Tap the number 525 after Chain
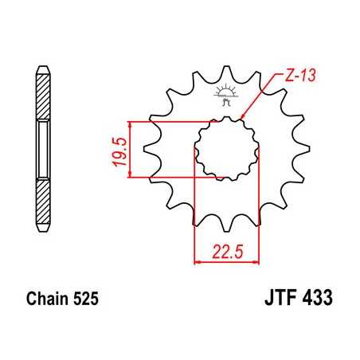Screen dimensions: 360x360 (85, 303)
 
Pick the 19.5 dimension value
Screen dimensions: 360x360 (116, 149)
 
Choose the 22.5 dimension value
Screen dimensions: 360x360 (225, 252)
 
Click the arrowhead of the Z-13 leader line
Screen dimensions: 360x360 (243, 120)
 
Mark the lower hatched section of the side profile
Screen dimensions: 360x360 (43, 200)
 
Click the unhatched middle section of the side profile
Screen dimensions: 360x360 (43, 149)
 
